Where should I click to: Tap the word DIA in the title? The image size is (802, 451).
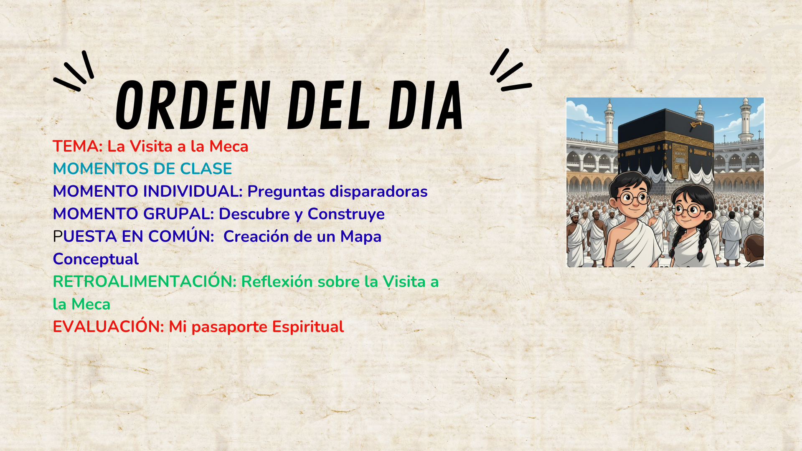coord(426,105)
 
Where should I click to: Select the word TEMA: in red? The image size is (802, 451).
coord(78,147)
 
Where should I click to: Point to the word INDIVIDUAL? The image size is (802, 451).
coord(193,191)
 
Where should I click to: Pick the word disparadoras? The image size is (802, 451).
coord(378,192)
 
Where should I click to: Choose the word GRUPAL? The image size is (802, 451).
coord(179,214)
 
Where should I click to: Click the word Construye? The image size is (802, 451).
coord(346,214)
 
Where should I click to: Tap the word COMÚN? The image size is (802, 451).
coord(181,236)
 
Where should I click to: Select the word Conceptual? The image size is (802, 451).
coord(96,259)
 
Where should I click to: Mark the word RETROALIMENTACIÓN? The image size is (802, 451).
coord(145,281)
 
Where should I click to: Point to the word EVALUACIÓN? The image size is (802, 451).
coord(109,326)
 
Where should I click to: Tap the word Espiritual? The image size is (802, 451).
coord(308,327)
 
